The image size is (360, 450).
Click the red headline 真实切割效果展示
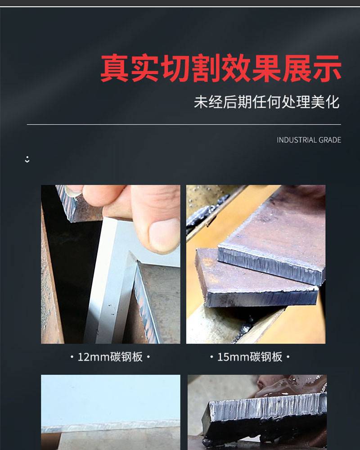(221, 68)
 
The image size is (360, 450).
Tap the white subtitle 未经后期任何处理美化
(267, 102)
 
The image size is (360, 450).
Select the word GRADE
(330, 140)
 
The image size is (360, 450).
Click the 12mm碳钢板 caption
(110, 357)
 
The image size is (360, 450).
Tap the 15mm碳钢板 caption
(250, 357)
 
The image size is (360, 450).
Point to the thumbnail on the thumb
(164, 235)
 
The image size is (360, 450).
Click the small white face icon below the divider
(27, 160)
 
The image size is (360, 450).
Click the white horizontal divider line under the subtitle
(184, 125)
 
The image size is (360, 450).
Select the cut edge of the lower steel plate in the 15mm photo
(261, 298)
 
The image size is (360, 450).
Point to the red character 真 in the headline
(115, 68)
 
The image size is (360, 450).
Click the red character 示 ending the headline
(327, 68)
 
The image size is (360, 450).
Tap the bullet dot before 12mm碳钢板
(72, 357)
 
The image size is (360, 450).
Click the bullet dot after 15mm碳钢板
(288, 357)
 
